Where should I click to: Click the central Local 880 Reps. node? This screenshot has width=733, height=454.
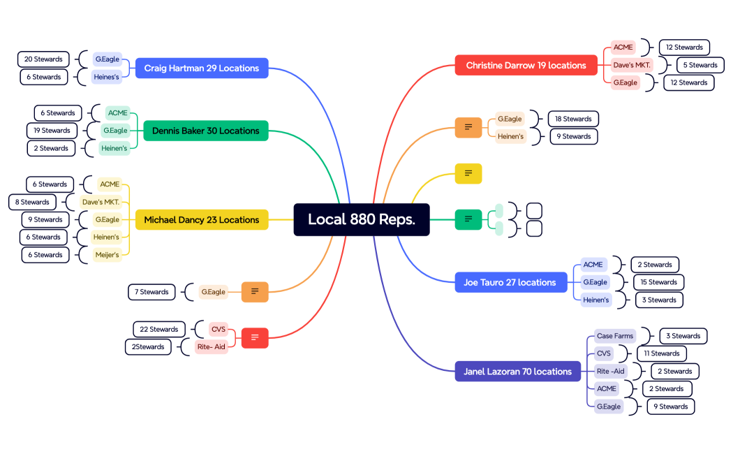tap(362, 219)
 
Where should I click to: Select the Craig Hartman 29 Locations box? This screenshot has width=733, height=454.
tap(201, 68)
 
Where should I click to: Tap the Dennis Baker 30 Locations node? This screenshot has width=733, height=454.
tap(205, 131)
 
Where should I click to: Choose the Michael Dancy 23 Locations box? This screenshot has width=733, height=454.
tap(201, 220)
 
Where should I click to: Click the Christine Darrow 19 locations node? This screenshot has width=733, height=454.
tap(526, 66)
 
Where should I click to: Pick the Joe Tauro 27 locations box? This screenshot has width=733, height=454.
tap(510, 282)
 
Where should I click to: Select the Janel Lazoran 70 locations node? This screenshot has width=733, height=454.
tap(517, 372)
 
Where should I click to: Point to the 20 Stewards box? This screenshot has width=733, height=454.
tap(43, 59)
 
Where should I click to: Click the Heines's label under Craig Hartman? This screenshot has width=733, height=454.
tap(107, 77)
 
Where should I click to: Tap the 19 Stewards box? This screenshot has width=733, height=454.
tap(52, 131)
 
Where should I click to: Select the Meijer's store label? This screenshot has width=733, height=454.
tap(108, 255)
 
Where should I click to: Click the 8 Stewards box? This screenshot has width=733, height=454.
tap(33, 203)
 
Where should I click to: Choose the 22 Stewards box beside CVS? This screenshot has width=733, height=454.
tap(158, 329)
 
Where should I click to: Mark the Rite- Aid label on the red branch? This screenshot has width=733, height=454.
tap(212, 346)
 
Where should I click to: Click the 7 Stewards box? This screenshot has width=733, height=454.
tap(151, 292)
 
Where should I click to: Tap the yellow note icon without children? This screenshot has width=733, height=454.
tap(468, 173)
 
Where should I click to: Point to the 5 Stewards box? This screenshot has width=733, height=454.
tap(699, 65)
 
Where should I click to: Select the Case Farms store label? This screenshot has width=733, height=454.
tap(614, 336)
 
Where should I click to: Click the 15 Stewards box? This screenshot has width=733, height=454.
tap(658, 282)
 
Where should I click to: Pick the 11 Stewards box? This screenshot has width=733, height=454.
tap(661, 353)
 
